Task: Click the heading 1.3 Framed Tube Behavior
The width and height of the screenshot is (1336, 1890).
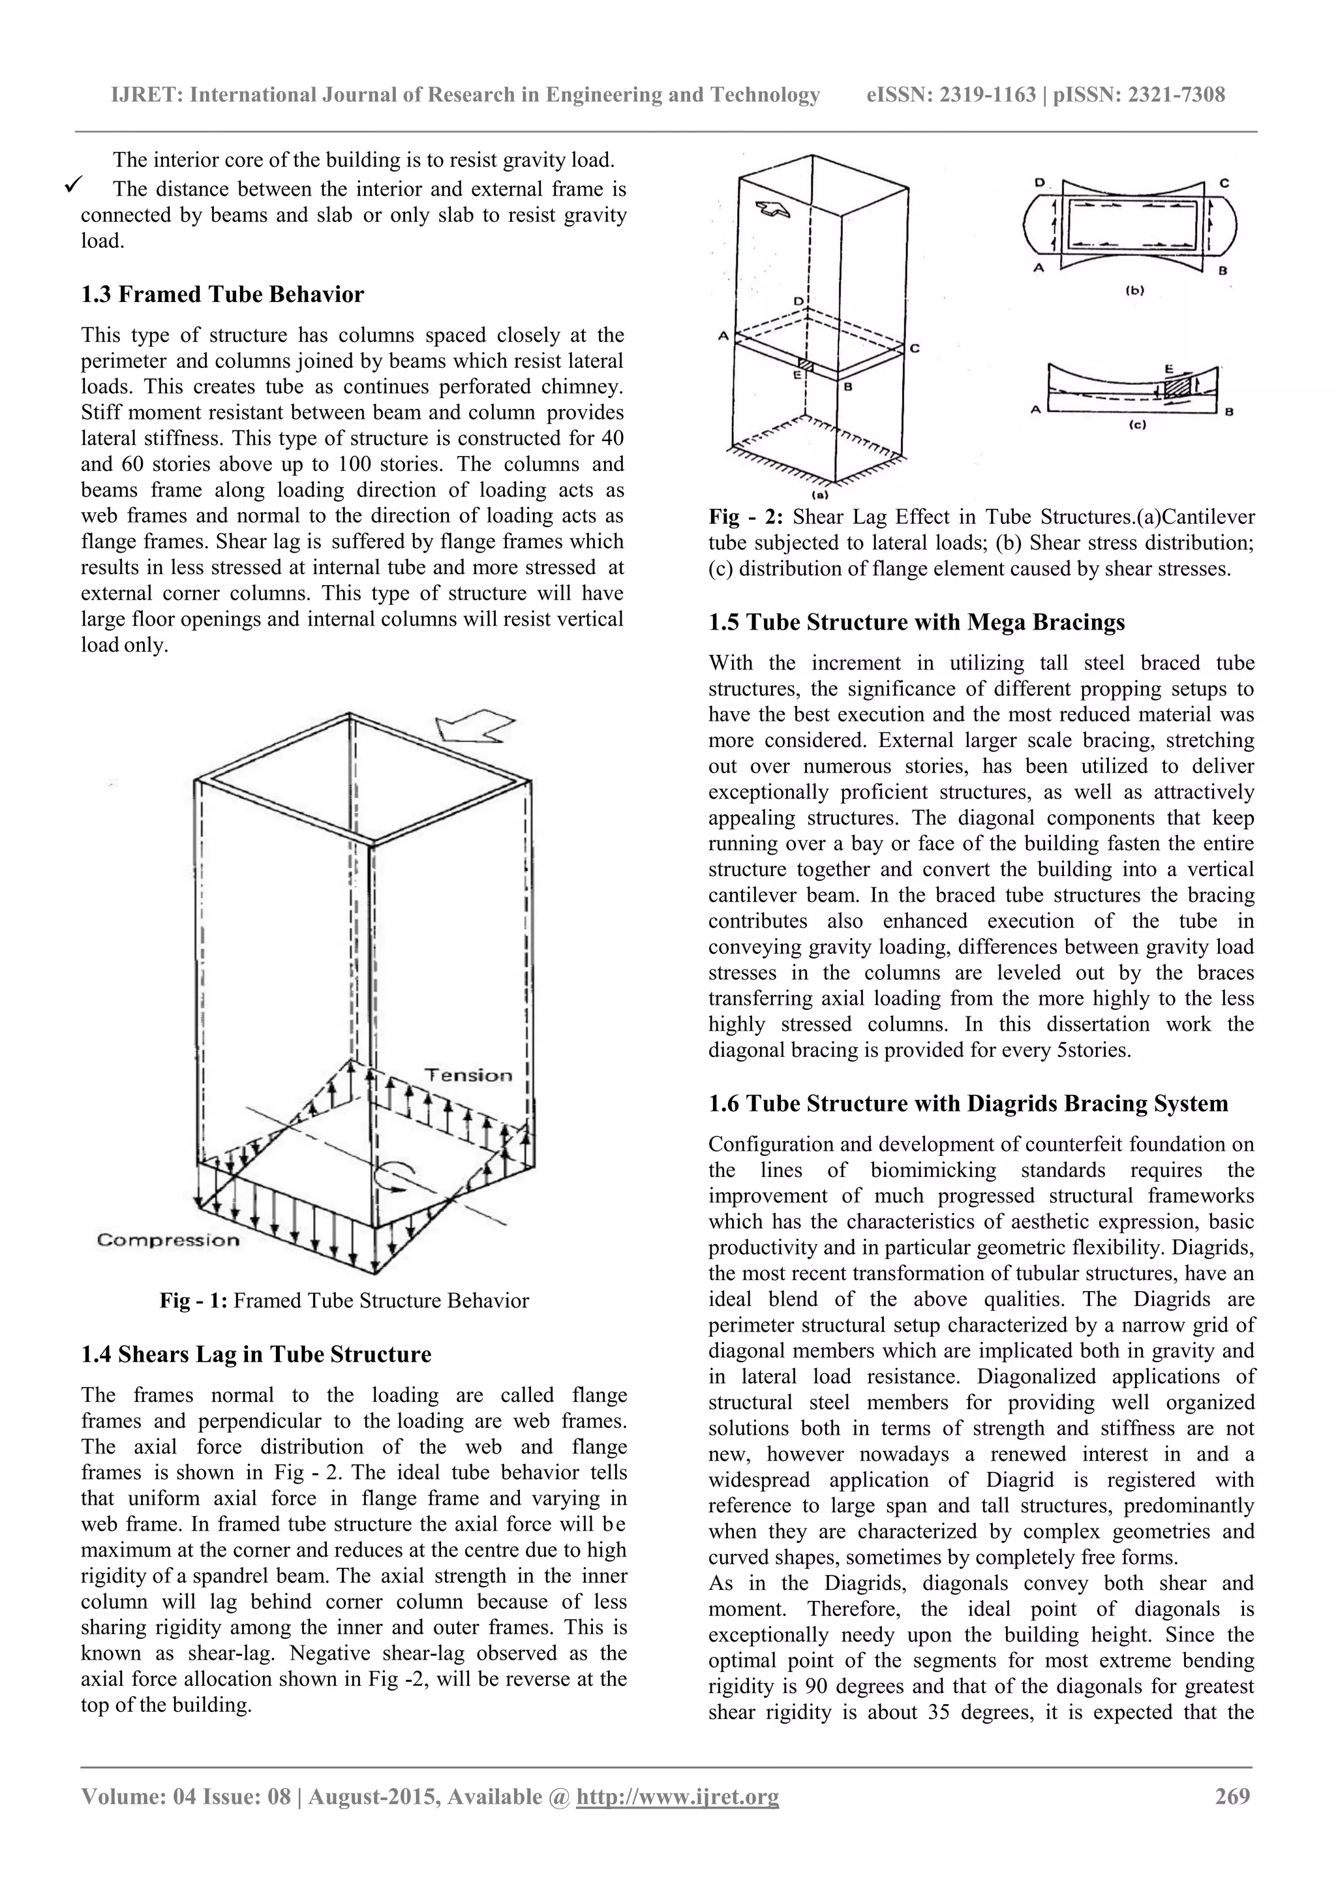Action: point(222,295)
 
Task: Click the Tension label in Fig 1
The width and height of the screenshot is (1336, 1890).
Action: point(468,1075)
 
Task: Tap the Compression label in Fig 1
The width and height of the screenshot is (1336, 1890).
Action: point(168,1240)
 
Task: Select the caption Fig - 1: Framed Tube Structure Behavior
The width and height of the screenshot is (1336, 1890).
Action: point(344,1301)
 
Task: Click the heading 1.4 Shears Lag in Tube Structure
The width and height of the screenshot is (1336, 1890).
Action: point(256,1355)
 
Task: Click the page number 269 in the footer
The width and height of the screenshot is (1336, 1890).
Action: point(1232,1796)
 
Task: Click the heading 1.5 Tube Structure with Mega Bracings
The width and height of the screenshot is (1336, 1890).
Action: point(916,622)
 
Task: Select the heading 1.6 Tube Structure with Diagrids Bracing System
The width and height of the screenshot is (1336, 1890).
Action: point(968,1104)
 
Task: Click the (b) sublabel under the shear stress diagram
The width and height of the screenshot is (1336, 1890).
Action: point(1134,290)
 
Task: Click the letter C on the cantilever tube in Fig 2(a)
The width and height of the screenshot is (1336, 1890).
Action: point(914,349)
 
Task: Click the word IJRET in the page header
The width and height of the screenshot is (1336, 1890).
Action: point(145,95)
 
